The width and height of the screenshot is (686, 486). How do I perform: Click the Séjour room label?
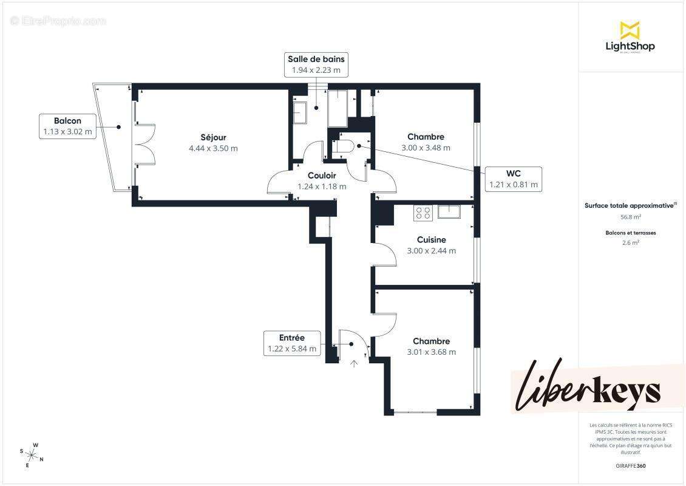213,137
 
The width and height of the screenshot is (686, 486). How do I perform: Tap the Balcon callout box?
67,126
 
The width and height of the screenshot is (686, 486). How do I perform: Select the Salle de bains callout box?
316,64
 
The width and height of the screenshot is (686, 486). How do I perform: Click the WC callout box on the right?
513,179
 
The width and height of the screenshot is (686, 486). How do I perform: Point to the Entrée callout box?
292,343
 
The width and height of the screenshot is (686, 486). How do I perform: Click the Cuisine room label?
431,240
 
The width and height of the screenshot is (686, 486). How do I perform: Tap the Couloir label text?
322,176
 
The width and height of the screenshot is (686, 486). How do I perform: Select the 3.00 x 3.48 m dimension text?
426,148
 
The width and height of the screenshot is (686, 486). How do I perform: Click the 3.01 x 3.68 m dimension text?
431,352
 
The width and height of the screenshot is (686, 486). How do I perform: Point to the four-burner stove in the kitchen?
423,213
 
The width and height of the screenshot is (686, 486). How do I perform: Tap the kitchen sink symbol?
449,212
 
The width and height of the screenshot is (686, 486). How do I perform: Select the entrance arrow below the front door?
355,363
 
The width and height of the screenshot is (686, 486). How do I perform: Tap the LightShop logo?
630,38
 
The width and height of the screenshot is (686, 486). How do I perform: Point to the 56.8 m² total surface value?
630,216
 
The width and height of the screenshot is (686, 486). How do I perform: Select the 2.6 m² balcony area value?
630,242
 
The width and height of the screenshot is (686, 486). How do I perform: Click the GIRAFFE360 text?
630,465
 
